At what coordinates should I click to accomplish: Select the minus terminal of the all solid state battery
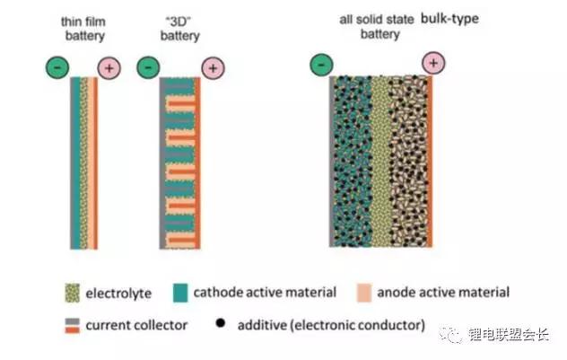point(321,64)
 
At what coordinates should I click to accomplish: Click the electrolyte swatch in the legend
point(71,292)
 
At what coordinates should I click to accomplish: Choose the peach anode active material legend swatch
point(364,292)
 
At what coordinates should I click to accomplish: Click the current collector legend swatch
point(71,324)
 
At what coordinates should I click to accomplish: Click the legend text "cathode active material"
point(278,292)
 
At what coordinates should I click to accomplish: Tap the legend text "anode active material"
point(443,292)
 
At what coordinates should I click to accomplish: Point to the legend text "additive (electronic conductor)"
point(329,325)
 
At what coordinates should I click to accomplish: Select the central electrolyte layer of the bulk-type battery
point(380,162)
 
